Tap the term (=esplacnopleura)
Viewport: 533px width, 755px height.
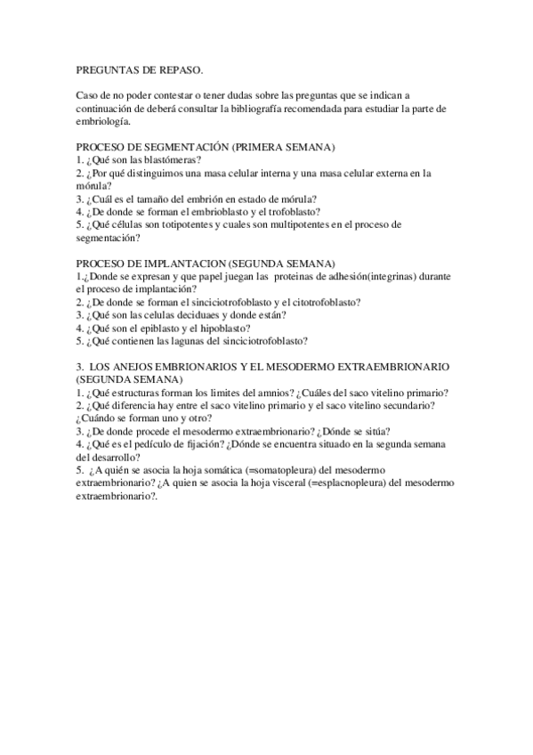coord(335,482)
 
